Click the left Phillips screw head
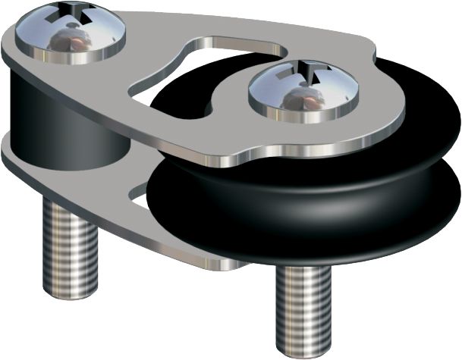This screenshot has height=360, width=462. point(74,31)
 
